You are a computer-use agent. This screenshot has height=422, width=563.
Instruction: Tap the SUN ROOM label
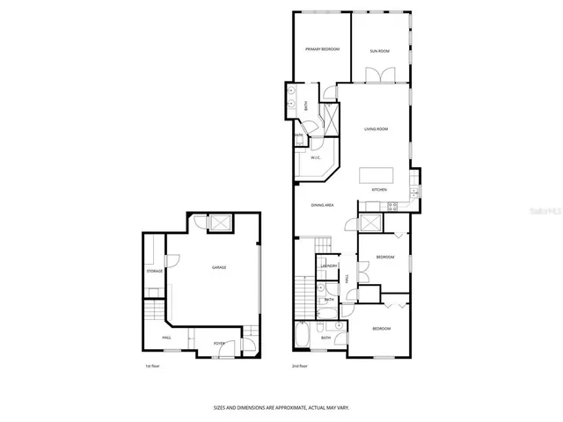point(380,51)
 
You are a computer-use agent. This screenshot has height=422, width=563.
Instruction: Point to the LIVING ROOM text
point(377,129)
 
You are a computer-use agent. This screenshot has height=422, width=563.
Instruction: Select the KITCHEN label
point(379,190)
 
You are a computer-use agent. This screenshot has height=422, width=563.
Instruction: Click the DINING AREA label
point(322,205)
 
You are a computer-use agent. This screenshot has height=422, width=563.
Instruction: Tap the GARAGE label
point(218,267)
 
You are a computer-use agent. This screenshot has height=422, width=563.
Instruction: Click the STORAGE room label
point(155,271)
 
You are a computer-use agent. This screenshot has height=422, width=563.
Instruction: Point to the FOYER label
point(219,343)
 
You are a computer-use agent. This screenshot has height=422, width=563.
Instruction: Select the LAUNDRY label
point(330,265)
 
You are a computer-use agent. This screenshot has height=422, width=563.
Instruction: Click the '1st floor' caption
point(153,365)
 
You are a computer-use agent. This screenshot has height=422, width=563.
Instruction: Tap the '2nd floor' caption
point(300,365)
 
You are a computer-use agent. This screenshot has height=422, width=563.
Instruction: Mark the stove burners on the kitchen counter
point(392,207)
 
